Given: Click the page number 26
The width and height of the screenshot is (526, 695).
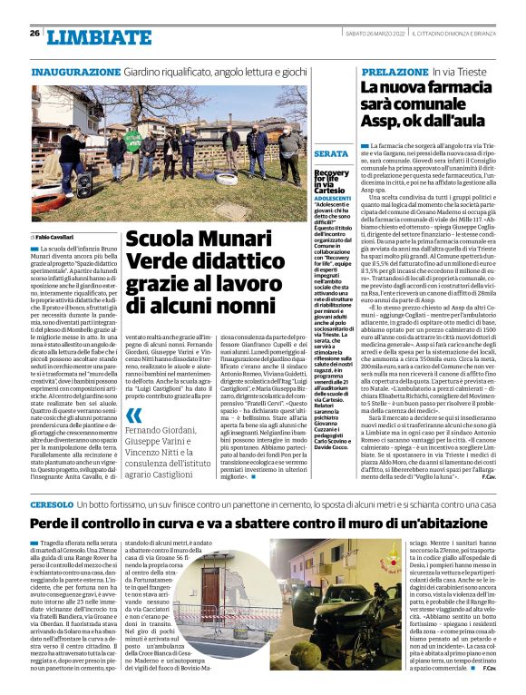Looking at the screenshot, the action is tap(34, 33).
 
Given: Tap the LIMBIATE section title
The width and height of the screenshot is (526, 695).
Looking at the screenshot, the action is tap(86, 36).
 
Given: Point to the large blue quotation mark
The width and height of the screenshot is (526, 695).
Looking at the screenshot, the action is tap(134, 416).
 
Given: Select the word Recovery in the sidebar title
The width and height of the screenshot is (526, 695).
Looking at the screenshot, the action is tap(332, 171).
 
